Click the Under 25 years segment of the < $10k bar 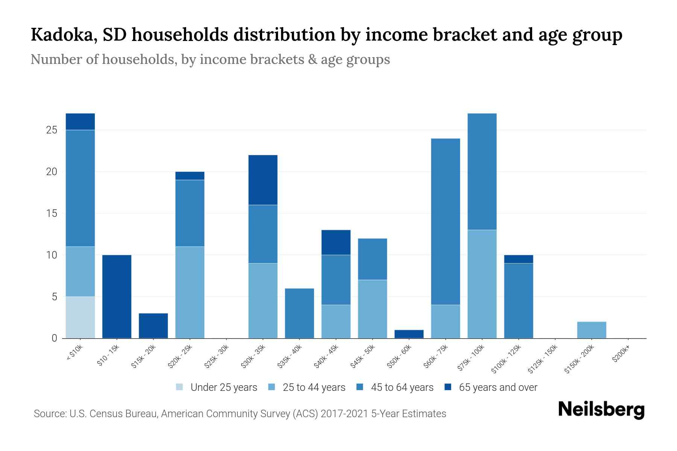pyautogui.click(x=80, y=317)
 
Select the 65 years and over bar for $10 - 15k pyautogui.click(x=117, y=297)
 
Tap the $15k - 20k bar pyautogui.click(x=153, y=325)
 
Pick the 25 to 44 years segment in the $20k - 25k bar pyautogui.click(x=190, y=292)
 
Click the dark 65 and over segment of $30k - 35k pyautogui.click(x=263, y=180)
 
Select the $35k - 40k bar pyautogui.click(x=299, y=313)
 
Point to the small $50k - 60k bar pyautogui.click(x=409, y=334)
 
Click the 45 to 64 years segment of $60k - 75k pyautogui.click(x=445, y=222)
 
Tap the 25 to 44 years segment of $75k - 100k pyautogui.click(x=482, y=284)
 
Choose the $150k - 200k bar pyautogui.click(x=591, y=330)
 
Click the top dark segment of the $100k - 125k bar pyautogui.click(x=518, y=259)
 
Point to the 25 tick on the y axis pyautogui.click(x=52, y=130)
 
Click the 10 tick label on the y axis pyautogui.click(x=52, y=255)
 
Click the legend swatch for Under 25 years pyautogui.click(x=180, y=387)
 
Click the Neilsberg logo pyautogui.click(x=601, y=409)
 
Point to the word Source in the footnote pyautogui.click(x=49, y=414)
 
